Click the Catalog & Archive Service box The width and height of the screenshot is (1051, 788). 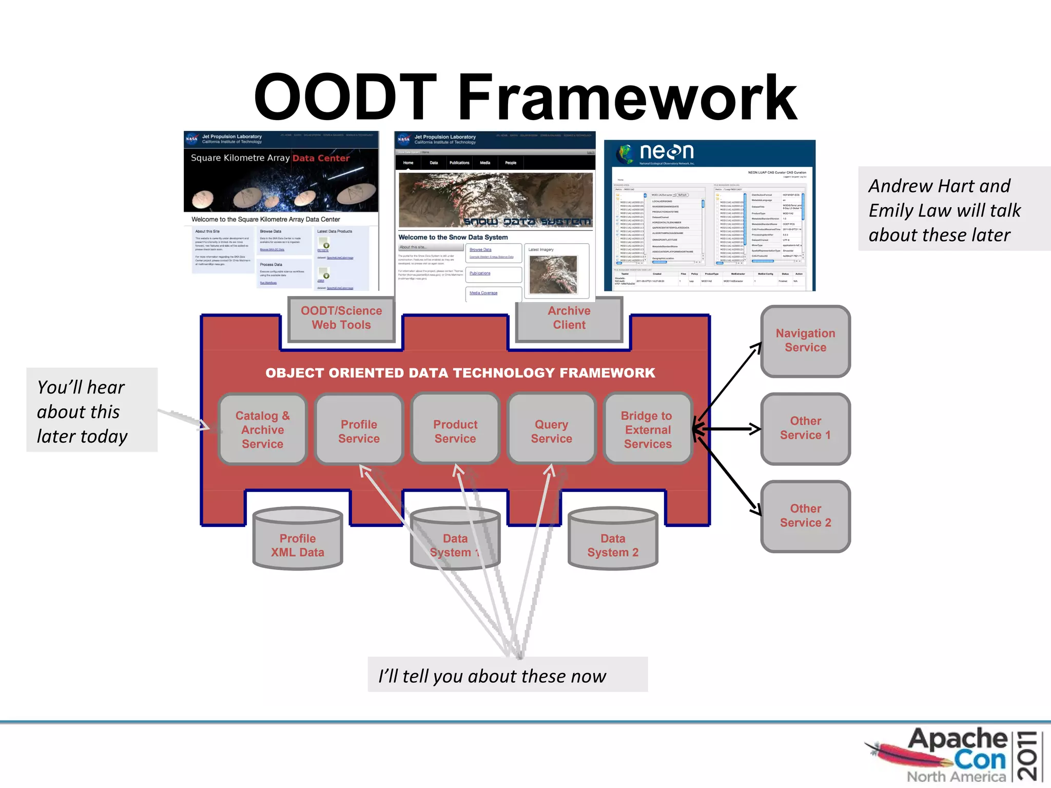point(262,429)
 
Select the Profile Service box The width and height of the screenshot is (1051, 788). point(359,429)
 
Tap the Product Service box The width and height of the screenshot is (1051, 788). point(455,429)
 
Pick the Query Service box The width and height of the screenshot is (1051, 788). point(551,429)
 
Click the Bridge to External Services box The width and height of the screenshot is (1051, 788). point(648,429)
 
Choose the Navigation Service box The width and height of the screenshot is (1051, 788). point(805,341)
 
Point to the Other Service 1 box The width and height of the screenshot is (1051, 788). point(805,428)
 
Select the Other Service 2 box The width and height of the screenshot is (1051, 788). point(805,516)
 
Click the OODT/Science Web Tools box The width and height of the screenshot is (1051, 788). point(341,318)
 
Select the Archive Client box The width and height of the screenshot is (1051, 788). point(569,318)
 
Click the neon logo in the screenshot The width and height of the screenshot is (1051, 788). point(657,153)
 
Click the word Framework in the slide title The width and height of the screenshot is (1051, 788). point(627,97)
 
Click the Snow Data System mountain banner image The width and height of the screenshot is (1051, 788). point(495,199)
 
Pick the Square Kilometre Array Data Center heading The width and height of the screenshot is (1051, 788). point(270,158)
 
